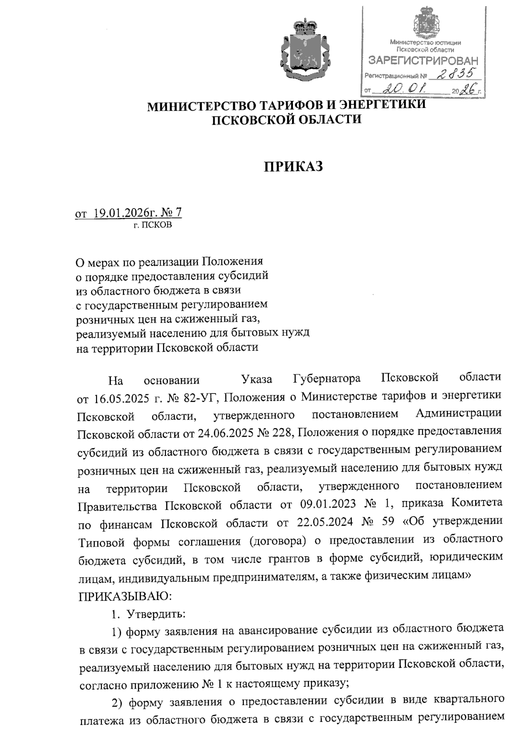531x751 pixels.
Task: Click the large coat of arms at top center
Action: point(305,49)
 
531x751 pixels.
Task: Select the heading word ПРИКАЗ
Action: point(294,167)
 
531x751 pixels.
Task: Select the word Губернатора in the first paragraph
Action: point(327,379)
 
